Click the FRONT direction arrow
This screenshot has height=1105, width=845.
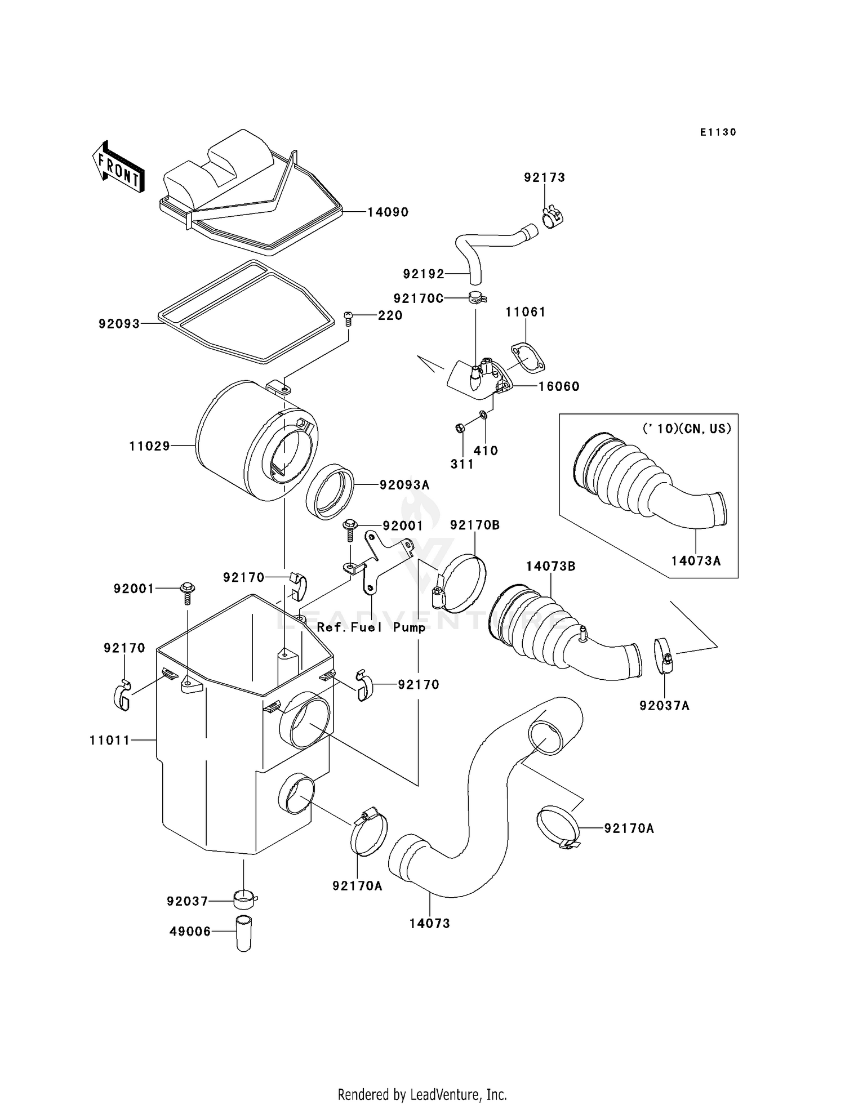click(118, 168)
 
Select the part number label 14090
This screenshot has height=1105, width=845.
click(388, 212)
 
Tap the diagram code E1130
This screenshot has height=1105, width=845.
click(718, 132)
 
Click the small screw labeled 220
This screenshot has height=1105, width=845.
click(348, 319)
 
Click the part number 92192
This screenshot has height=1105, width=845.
click(424, 274)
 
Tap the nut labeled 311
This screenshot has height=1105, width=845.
click(459, 429)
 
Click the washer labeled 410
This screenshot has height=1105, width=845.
click(483, 415)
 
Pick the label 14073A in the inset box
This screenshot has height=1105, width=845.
click(696, 561)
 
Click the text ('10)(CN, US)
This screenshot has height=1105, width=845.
click(687, 429)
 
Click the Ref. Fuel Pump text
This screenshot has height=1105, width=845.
click(371, 627)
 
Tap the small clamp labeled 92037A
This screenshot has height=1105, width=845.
click(664, 656)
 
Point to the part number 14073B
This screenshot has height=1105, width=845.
click(550, 567)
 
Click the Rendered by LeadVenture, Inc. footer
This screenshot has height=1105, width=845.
click(422, 1079)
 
